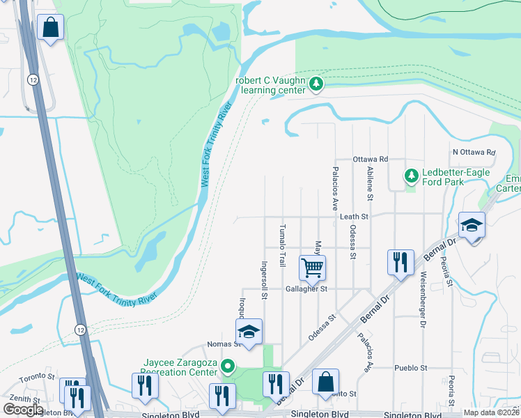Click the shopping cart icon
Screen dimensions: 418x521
tap(313, 266)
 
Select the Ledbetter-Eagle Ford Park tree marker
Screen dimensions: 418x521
tap(411, 173)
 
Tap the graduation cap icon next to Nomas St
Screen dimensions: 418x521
tap(249, 332)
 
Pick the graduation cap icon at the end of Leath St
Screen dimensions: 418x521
tap(472, 225)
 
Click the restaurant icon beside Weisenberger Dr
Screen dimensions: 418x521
tap(401, 262)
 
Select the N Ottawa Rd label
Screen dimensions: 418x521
tap(473, 152)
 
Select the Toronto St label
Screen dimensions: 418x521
tap(36, 376)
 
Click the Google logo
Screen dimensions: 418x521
tap(23, 409)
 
